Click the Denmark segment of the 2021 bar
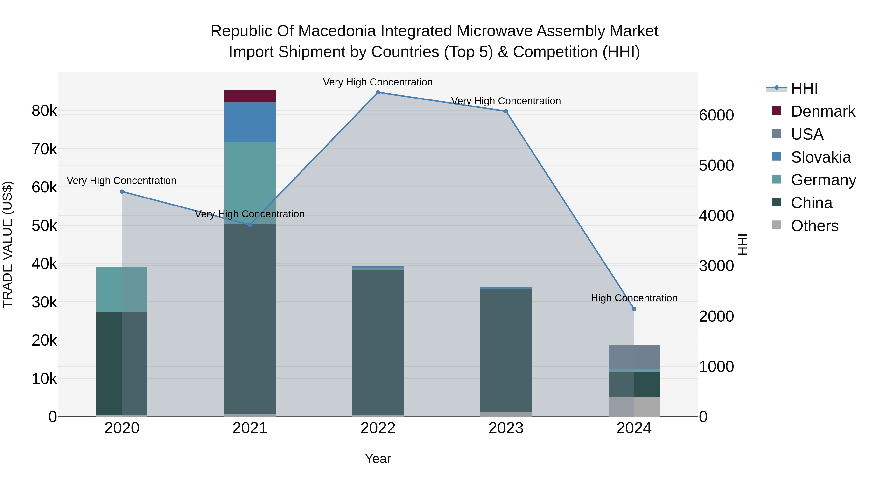point(250,96)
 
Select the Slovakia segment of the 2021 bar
point(250,122)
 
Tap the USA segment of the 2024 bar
point(634,357)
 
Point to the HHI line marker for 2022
point(378,92)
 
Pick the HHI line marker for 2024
point(634,309)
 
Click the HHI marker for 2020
point(122,192)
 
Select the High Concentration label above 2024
point(634,298)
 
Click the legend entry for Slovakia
point(820,157)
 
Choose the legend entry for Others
point(814,226)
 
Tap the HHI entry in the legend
point(804,88)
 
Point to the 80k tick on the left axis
point(44,111)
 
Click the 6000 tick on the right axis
point(716,115)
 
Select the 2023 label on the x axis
point(506,428)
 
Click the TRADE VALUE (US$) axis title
point(7,244)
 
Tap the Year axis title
point(378,459)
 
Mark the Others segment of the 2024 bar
point(634,406)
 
